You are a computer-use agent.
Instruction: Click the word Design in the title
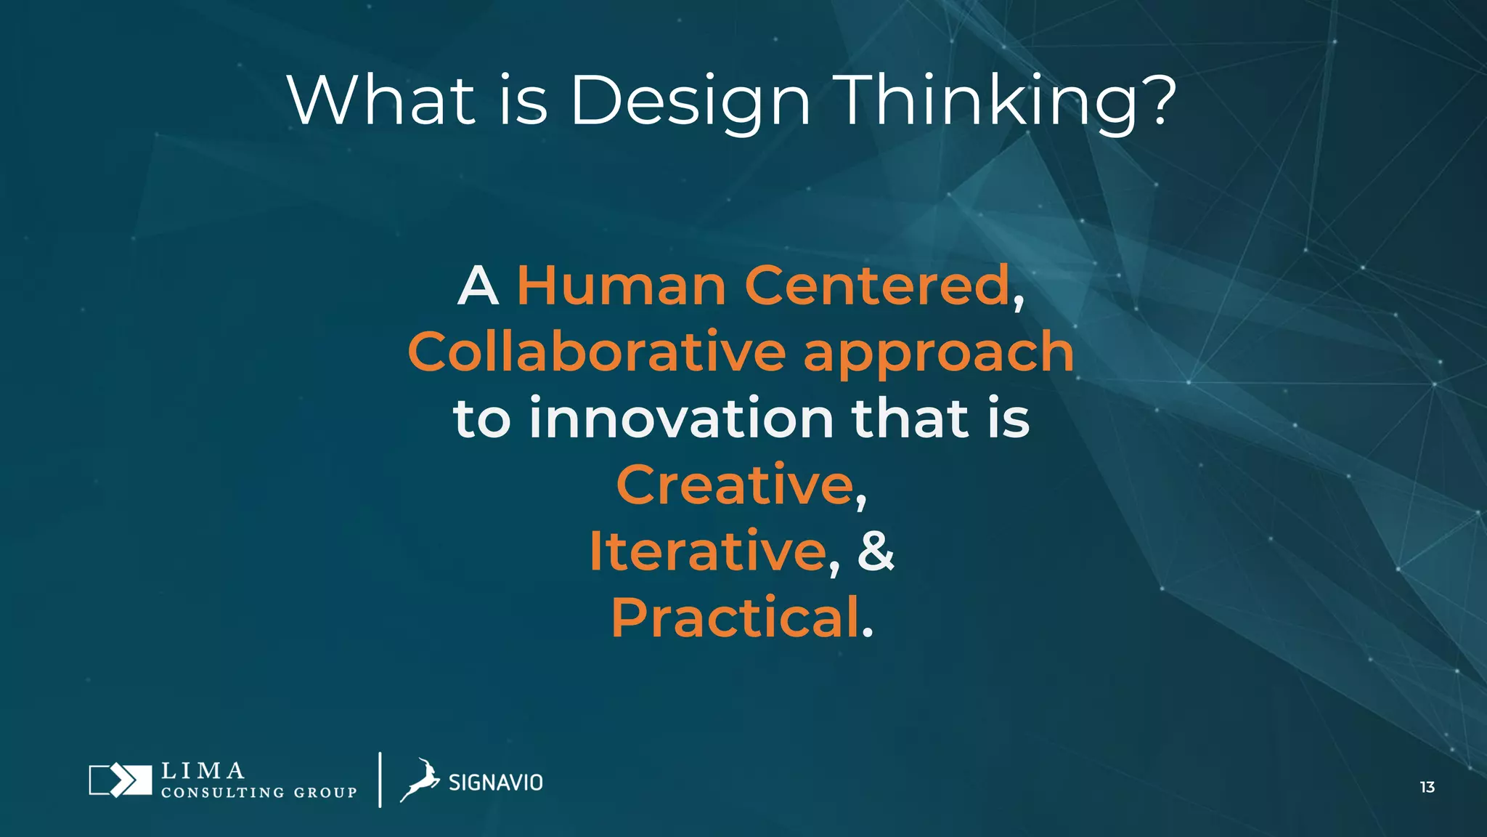[690, 102]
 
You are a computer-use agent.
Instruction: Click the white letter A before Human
[478, 286]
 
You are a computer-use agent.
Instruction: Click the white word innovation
[681, 418]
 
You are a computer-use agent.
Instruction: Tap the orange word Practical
[735, 618]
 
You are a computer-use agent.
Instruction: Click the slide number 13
[1427, 787]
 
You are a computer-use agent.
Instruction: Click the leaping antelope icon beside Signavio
[420, 780]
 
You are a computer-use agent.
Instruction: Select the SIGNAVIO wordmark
[495, 783]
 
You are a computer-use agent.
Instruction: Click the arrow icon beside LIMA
[120, 780]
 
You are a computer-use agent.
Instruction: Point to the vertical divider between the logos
[380, 780]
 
